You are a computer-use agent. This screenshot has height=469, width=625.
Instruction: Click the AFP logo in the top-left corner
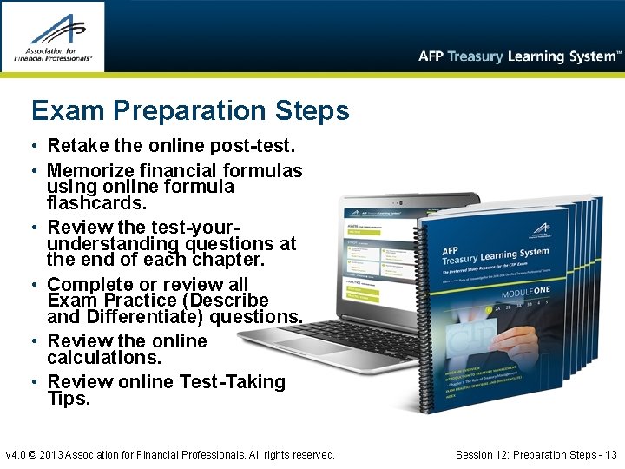coord(53,36)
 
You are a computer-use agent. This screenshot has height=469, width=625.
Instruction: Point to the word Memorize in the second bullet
coord(89,170)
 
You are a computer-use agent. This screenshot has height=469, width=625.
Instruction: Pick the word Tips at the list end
coord(69,398)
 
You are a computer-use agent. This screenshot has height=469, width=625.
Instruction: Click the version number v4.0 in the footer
coord(17,454)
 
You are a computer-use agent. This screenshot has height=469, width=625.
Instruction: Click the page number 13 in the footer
coord(611,454)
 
